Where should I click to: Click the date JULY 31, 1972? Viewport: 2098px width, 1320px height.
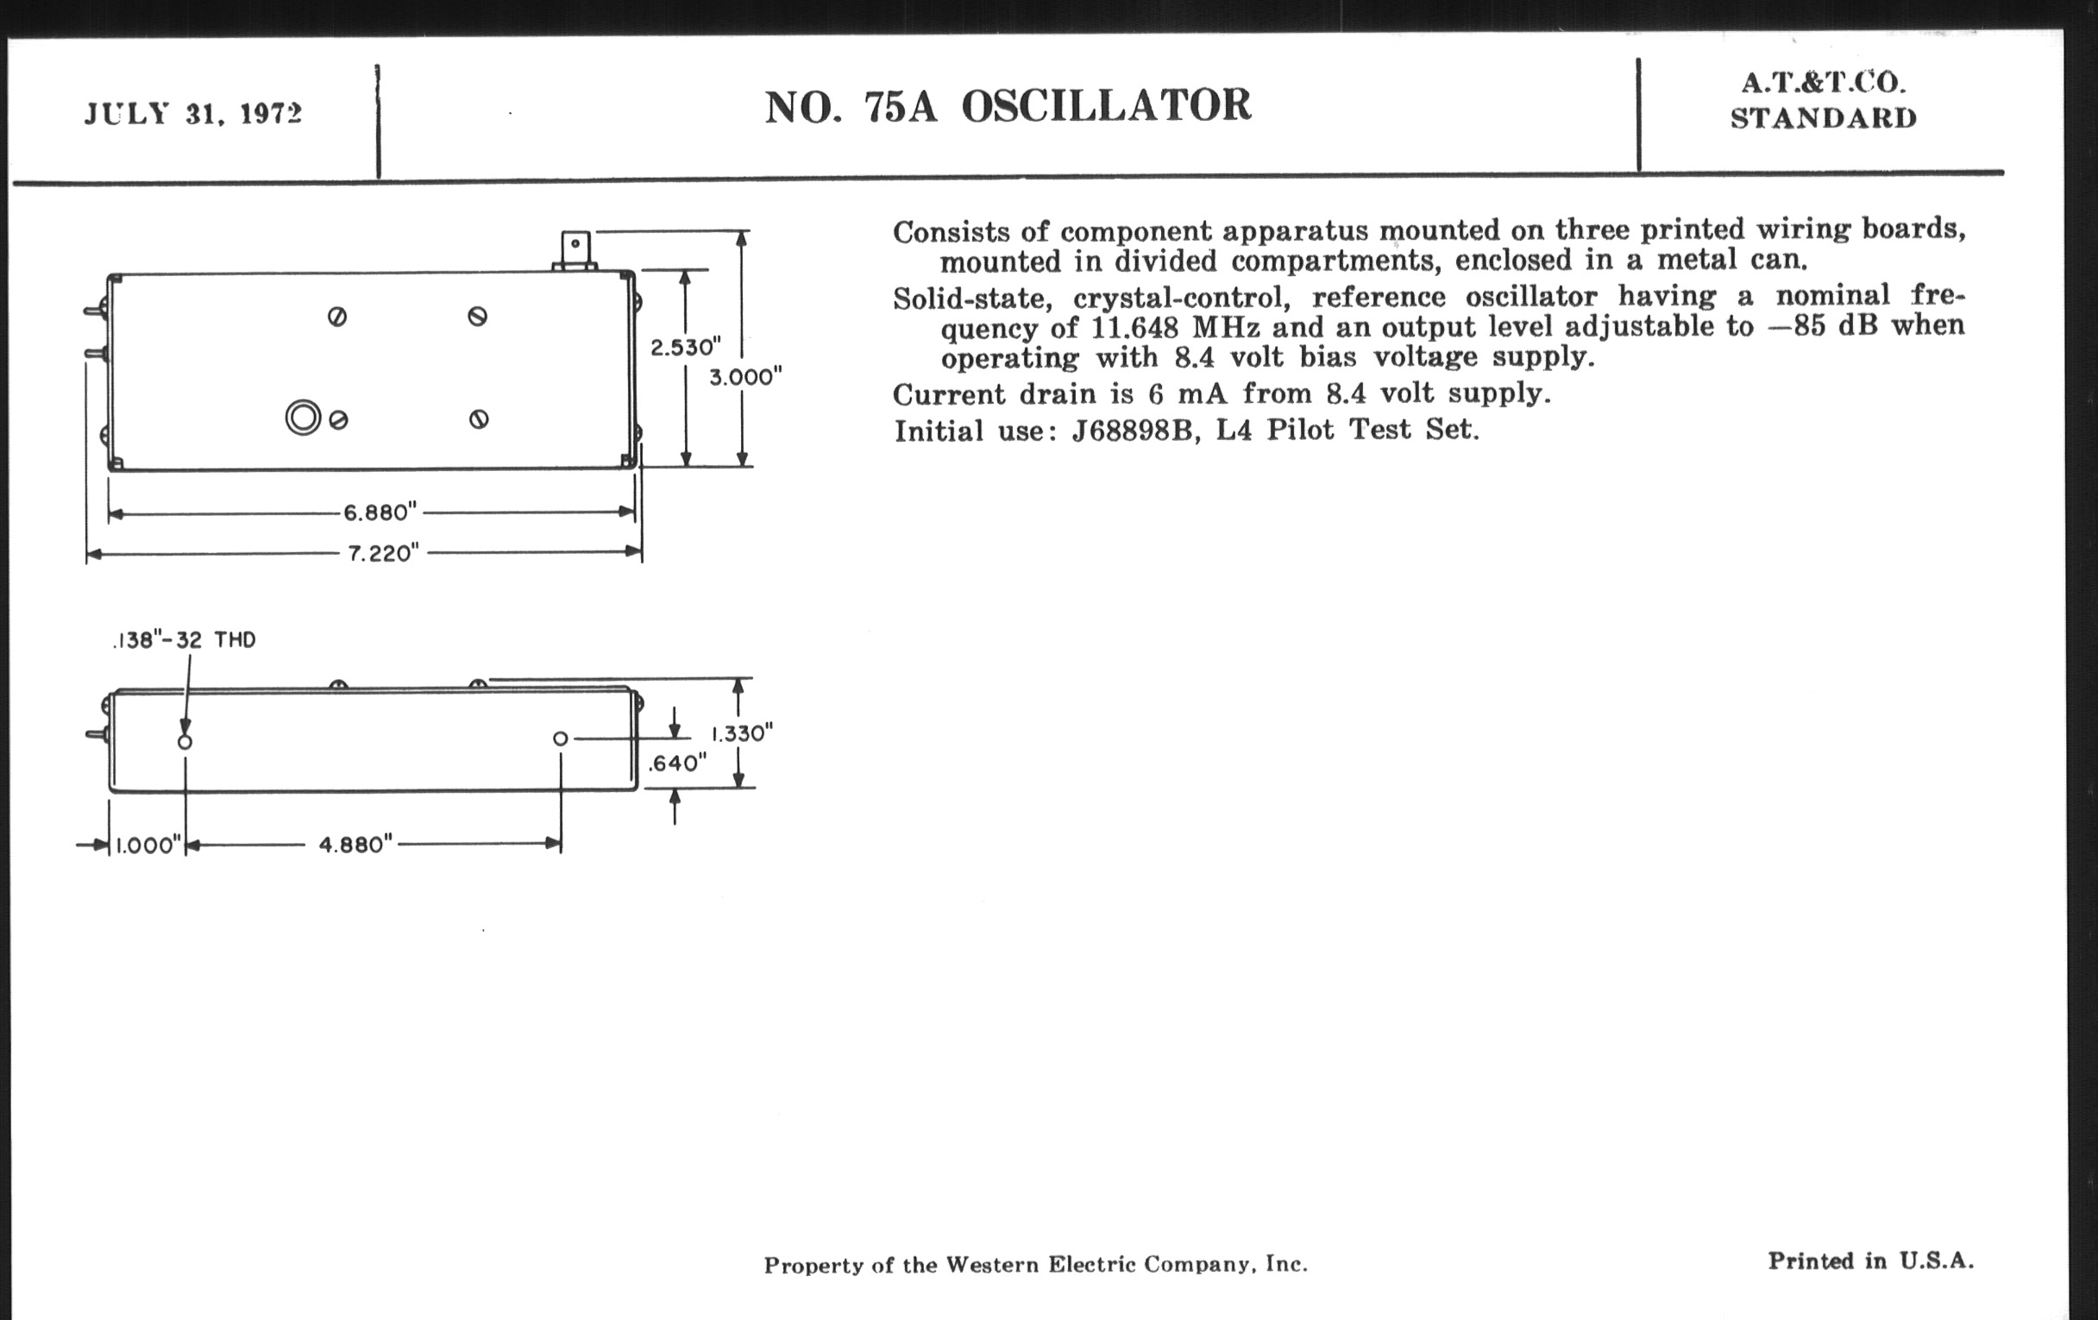[x=192, y=114]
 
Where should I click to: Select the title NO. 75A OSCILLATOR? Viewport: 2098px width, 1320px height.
[x=1008, y=106]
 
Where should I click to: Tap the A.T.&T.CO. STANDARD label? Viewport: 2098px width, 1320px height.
[x=1823, y=100]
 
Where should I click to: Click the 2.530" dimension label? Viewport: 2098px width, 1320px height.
[x=686, y=348]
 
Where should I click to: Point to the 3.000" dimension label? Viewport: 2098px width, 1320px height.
[x=745, y=377]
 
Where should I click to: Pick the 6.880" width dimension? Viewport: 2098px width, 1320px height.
[x=380, y=512]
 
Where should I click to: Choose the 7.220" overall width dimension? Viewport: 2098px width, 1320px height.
[x=383, y=553]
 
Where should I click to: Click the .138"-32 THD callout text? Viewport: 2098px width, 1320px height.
[x=185, y=640]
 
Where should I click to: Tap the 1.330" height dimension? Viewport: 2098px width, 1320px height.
[x=742, y=733]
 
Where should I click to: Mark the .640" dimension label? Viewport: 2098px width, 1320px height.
[x=677, y=764]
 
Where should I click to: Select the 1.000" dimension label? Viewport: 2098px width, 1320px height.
[x=148, y=846]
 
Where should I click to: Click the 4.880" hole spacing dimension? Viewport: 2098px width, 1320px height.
[x=355, y=845]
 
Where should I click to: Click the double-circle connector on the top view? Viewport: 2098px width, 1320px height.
[x=303, y=418]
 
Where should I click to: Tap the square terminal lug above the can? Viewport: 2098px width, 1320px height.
[x=575, y=247]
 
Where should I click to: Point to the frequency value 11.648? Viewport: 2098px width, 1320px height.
[x=1132, y=329]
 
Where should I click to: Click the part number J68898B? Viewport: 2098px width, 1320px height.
[x=1131, y=431]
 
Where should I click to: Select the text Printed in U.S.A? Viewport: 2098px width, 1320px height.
[x=1869, y=1260]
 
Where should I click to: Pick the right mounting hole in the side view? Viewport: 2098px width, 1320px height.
[x=560, y=739]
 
